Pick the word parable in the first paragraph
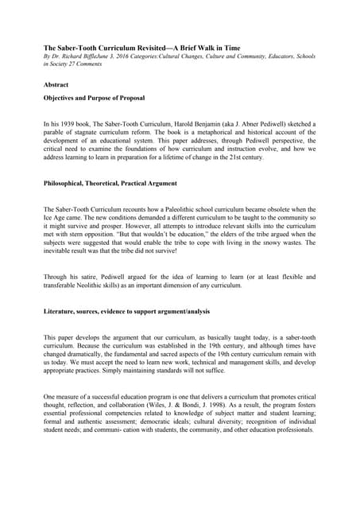coord(56,133)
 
